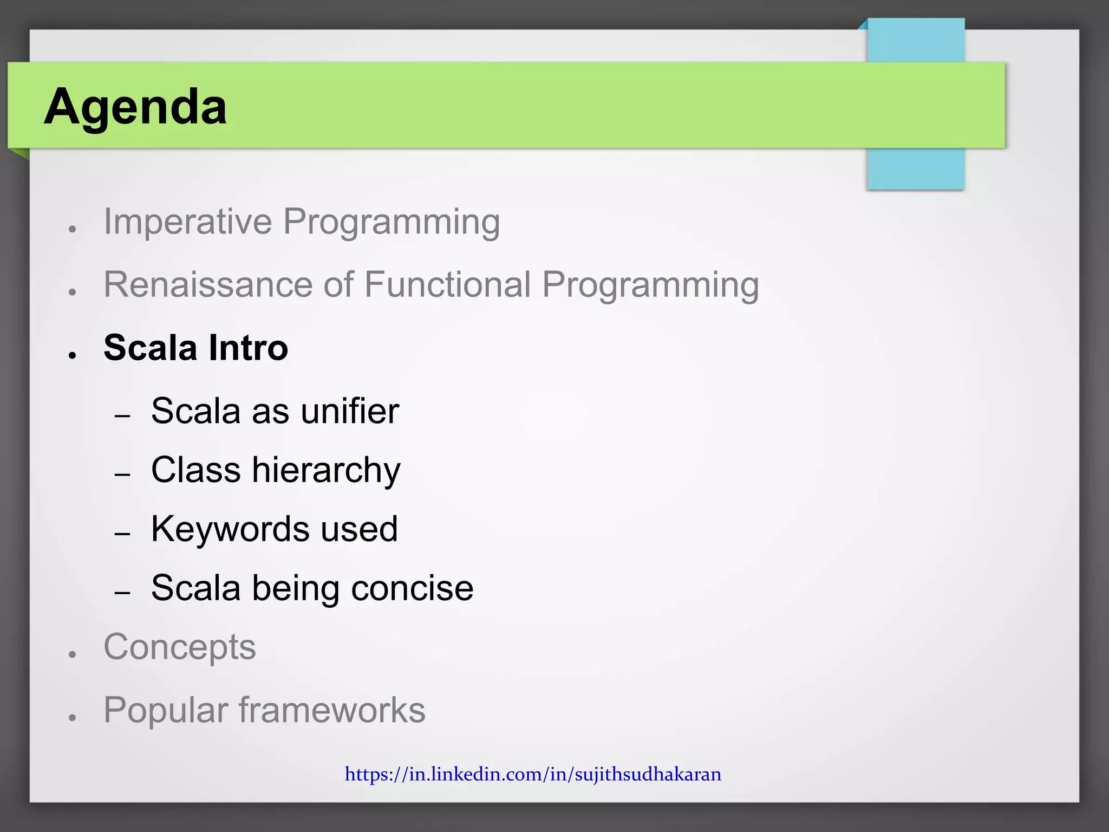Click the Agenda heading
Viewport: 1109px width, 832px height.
point(135,107)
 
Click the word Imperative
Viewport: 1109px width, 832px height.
point(187,222)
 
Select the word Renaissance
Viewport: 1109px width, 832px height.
point(208,284)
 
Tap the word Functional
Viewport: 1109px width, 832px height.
point(447,284)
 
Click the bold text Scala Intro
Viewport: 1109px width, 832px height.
point(195,348)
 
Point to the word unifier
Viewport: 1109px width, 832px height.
point(350,411)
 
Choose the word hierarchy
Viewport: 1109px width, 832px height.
point(326,470)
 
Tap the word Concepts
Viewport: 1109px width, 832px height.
point(179,647)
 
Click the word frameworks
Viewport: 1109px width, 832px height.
point(332,710)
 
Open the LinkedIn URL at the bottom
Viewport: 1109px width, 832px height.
point(533,775)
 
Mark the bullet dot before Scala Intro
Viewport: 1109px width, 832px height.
point(72,355)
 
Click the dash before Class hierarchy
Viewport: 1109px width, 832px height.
point(123,475)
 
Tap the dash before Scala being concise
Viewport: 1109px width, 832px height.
point(123,593)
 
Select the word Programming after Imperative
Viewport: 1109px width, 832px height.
point(391,223)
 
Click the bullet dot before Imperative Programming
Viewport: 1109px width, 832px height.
point(72,229)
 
